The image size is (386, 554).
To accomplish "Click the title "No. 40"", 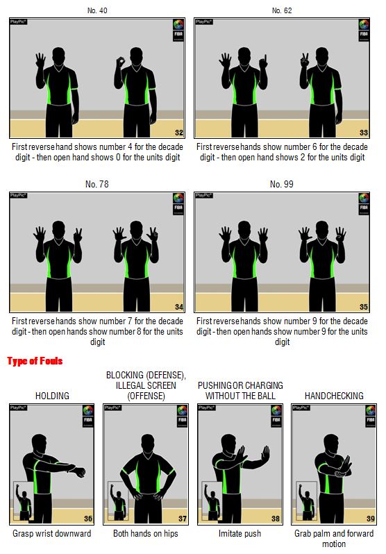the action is pos(97,10).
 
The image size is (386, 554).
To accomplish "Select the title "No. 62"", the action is pos(282,10).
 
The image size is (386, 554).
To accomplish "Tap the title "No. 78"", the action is pos(97,184).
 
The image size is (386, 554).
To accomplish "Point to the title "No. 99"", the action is pos(282,184).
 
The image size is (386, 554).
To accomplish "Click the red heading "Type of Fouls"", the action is pos(35,361).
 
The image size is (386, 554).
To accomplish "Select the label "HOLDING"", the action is pos(52,396).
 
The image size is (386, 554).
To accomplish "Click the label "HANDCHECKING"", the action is pos(334,396).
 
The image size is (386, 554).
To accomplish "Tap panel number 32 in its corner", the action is pos(179,133).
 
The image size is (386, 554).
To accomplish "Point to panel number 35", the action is pos(364,307).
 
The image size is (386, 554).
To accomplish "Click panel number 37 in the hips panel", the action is pos(183,519).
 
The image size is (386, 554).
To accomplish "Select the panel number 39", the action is pos(371,519).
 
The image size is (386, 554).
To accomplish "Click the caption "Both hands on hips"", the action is pos(146,533).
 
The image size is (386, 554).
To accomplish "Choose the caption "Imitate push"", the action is pos(240,533).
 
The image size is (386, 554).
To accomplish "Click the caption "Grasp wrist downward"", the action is pos(52,533).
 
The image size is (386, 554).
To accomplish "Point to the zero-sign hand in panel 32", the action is pos(121,62).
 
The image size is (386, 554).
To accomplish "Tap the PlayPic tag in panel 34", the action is pos(18,195).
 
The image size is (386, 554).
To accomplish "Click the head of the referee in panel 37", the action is pos(147,443).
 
